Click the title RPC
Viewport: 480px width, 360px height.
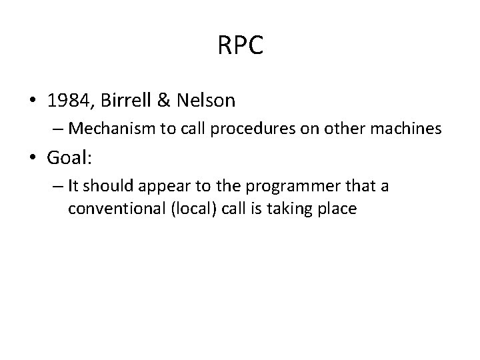coord(240,46)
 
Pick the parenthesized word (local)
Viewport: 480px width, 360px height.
coord(192,208)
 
